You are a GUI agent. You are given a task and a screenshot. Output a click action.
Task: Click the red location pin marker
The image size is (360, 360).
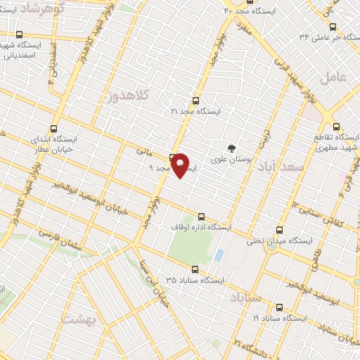click(181, 165)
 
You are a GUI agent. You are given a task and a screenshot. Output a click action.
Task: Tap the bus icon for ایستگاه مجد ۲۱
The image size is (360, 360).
click(195, 101)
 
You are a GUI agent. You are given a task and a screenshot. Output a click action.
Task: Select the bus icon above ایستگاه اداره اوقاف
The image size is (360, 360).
click(201, 217)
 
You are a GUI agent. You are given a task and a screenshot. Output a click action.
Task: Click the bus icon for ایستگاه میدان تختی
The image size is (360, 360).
click(280, 230)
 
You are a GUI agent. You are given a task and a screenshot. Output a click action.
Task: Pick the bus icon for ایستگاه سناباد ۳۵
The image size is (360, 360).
click(195, 269)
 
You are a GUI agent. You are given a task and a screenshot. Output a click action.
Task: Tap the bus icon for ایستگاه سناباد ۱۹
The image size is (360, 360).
click(280, 307)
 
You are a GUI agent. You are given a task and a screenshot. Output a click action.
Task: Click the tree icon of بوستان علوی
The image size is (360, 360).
click(231, 148)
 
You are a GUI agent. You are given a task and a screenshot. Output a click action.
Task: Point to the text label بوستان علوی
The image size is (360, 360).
click(235, 160)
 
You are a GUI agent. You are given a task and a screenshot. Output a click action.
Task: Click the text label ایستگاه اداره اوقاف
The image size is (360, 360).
click(201, 227)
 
